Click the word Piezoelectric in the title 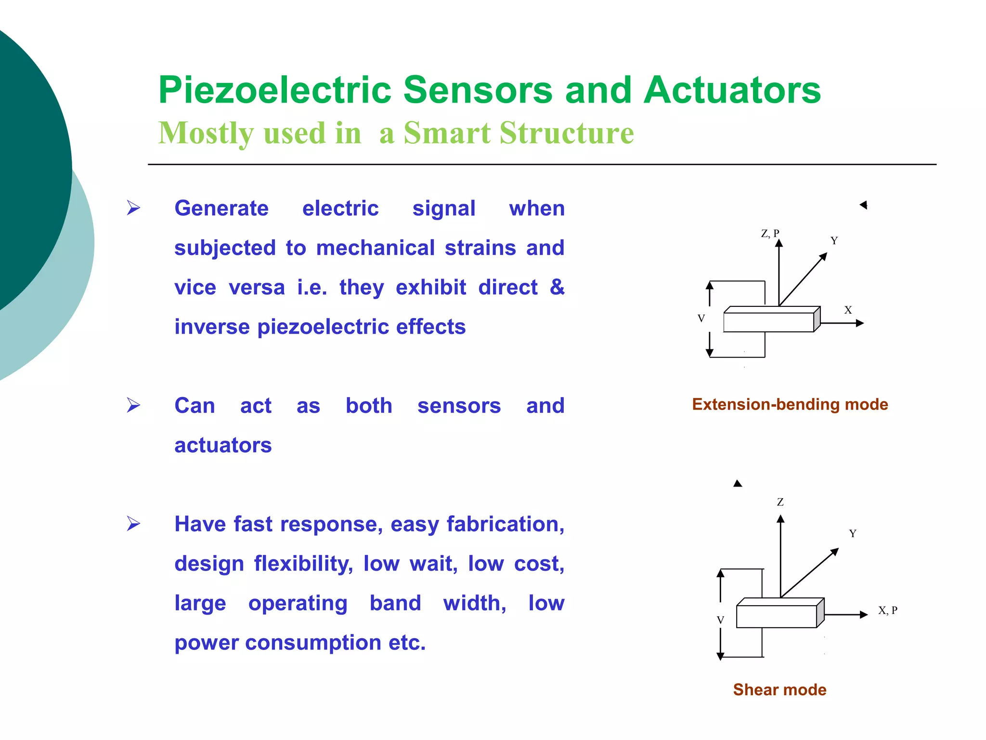(275, 91)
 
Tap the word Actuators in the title (732, 91)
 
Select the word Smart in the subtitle (447, 133)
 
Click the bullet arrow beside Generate (133, 208)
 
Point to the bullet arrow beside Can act (133, 405)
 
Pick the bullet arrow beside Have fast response (133, 523)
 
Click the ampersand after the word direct (557, 287)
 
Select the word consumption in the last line (313, 643)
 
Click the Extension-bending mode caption (790, 404)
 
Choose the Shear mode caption (779, 689)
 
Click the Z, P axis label (770, 234)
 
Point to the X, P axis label (887, 610)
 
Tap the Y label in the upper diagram (834, 240)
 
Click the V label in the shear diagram (720, 620)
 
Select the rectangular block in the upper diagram (769, 322)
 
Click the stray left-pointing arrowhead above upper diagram (864, 205)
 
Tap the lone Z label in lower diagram (780, 502)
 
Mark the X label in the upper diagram (848, 310)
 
